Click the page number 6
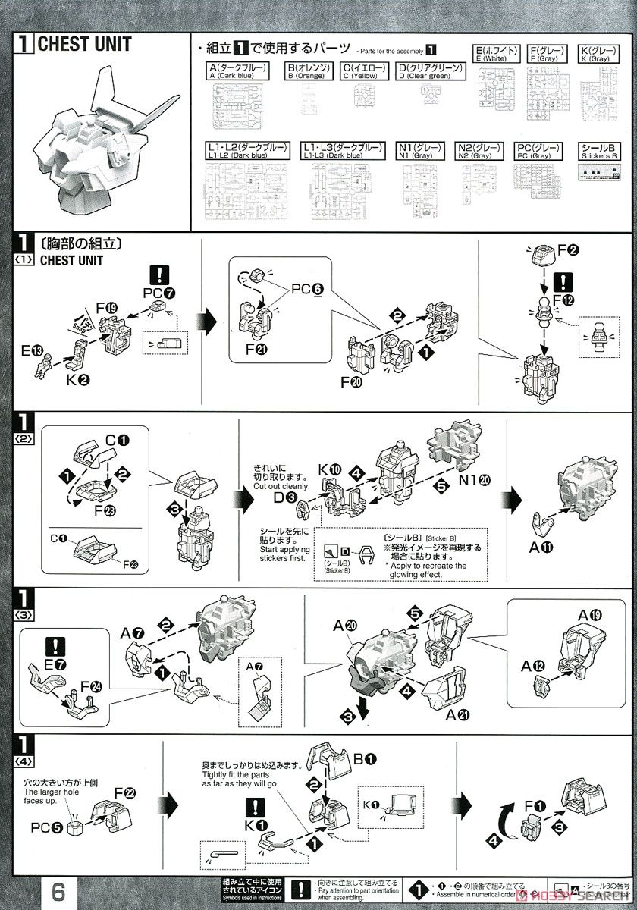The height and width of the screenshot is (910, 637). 58,886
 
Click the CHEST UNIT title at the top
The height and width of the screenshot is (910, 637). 83,45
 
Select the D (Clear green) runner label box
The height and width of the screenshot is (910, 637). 430,71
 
